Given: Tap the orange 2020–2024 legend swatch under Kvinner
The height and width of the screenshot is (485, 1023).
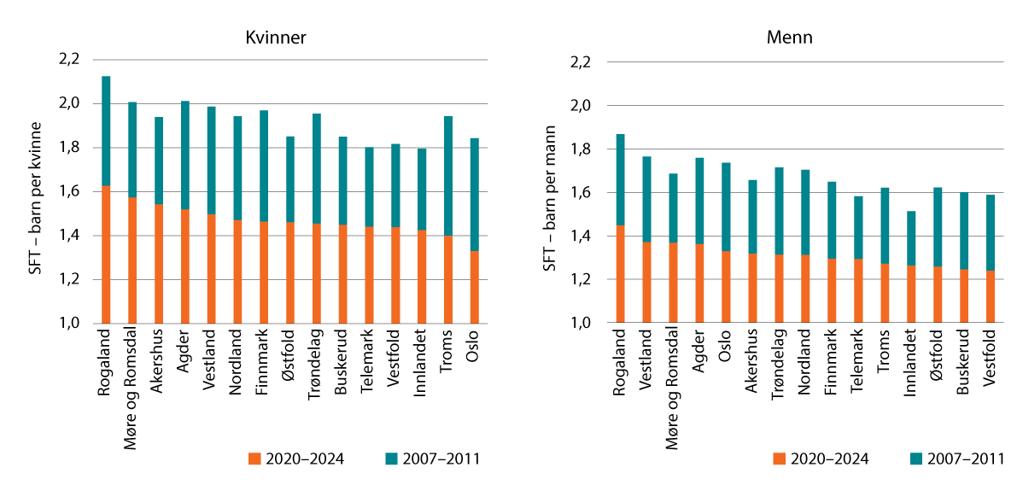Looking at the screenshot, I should coord(254,459).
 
